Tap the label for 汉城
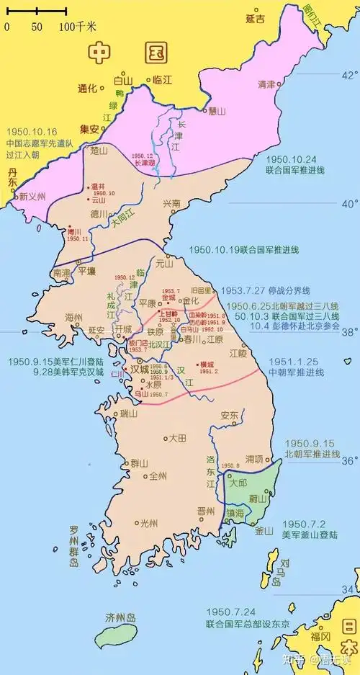coord(139,369)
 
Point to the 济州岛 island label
coord(120,618)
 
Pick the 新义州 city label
coord(32,196)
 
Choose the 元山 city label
coord(175,265)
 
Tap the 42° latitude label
coord(348,75)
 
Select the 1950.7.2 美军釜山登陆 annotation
coord(309,529)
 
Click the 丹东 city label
coord(12,178)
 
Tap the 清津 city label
coord(266,84)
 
